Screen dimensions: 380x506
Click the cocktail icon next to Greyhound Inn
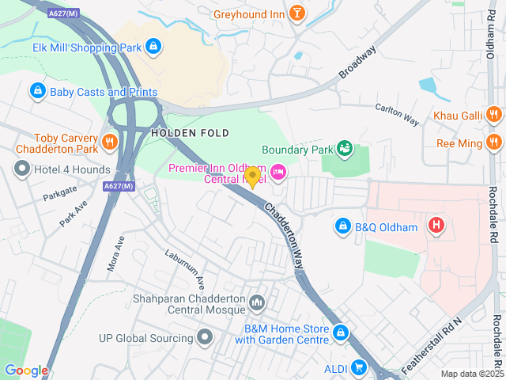[296, 13]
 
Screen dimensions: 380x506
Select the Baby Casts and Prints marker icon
[36, 92]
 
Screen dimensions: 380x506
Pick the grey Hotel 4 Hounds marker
[21, 168]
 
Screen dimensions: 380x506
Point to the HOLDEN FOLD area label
[190, 133]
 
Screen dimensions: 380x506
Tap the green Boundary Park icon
[344, 148]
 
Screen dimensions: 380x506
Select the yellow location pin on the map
[253, 177]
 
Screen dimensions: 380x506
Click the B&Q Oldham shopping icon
[342, 227]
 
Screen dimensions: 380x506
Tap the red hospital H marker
[436, 226]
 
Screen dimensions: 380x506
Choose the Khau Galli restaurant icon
[494, 116]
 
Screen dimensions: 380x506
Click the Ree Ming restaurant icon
[494, 142]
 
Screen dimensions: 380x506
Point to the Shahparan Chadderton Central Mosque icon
[257, 303]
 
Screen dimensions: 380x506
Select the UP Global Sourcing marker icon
[206, 338]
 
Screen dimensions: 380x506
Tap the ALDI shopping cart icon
[359, 367]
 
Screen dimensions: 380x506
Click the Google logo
[26, 370]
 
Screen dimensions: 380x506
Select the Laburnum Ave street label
[185, 268]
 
